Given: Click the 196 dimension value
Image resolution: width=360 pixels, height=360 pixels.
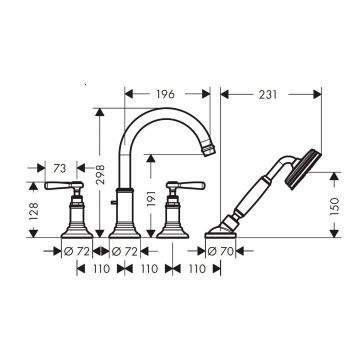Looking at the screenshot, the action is (165, 94).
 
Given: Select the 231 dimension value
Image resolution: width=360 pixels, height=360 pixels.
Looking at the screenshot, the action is (268, 95).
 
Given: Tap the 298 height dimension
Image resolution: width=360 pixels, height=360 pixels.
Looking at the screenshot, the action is (100, 174).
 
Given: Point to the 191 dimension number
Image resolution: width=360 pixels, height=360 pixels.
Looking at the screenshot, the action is (151, 198).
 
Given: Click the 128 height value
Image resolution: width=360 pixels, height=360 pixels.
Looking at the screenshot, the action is (33, 211).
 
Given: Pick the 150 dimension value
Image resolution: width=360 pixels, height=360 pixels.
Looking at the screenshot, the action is (334, 206).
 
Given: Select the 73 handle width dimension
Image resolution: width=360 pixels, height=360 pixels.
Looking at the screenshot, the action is (60, 169).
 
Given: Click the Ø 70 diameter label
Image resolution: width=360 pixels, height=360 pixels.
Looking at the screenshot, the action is (220, 251).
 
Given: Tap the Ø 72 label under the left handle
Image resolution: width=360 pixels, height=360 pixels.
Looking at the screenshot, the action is (77, 251).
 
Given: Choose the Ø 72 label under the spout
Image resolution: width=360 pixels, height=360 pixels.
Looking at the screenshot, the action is (125, 251).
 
